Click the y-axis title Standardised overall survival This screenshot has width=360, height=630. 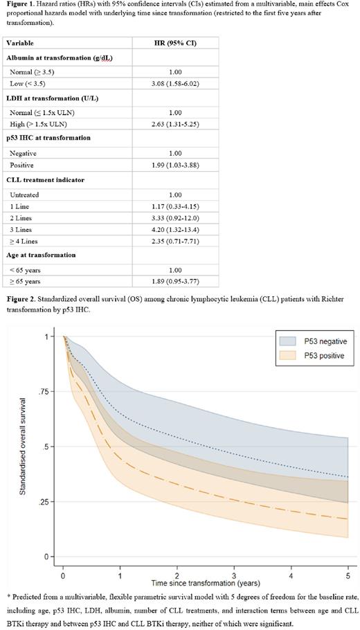tap(24, 446)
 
